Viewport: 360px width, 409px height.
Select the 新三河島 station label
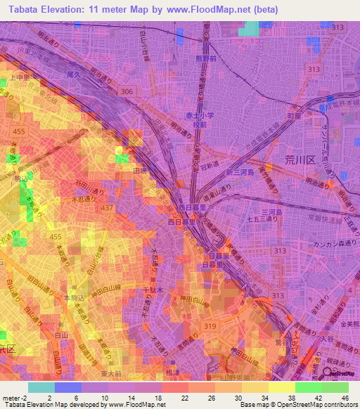tap(238, 173)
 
